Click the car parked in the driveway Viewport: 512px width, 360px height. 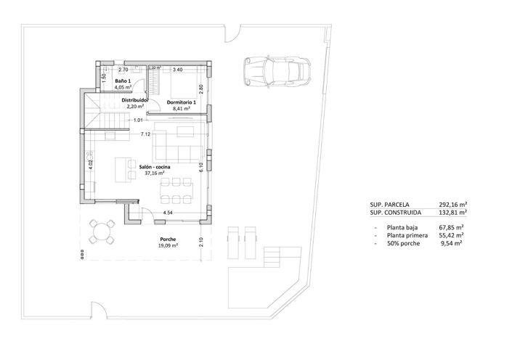coord(276,71)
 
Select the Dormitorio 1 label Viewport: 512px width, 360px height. coord(182,103)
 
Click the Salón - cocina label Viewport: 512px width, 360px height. coord(156,167)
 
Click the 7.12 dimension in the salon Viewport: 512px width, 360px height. coord(145,134)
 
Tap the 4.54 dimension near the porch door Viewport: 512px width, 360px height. coord(168,213)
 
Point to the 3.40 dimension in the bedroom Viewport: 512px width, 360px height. coord(176,70)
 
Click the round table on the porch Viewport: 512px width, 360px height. coord(102,233)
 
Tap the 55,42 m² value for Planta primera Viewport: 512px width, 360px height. coord(451,235)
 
